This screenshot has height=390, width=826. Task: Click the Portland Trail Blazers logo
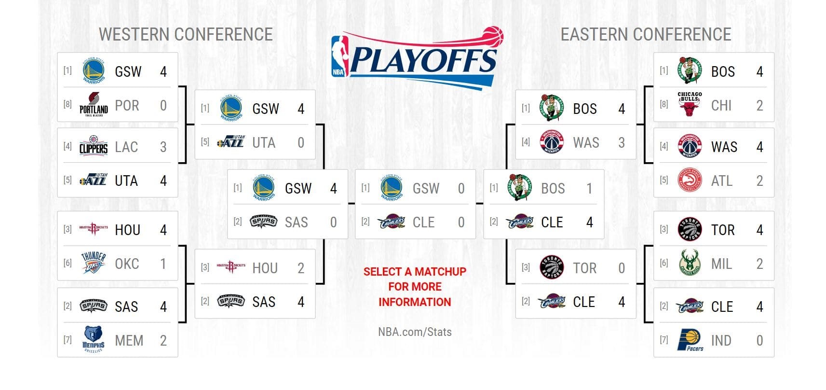click(x=94, y=104)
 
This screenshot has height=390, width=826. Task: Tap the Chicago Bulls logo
click(x=690, y=104)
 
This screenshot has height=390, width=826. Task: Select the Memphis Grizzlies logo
click(x=93, y=339)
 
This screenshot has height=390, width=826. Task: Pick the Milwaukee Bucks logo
click(x=690, y=263)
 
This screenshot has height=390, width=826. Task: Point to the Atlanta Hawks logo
click(x=690, y=180)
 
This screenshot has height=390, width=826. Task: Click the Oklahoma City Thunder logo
click(x=93, y=263)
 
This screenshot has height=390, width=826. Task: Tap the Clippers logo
click(x=94, y=146)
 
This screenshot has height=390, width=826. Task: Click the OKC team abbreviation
click(x=127, y=264)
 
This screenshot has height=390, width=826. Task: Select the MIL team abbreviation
click(x=721, y=264)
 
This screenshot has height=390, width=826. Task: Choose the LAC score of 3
click(x=163, y=147)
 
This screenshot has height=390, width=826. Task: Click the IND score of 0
click(x=759, y=341)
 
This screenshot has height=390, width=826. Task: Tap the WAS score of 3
click(x=622, y=143)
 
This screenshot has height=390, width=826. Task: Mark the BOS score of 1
click(x=589, y=189)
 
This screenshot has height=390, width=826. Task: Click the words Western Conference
click(x=186, y=34)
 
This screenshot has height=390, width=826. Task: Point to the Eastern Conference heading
click(x=646, y=34)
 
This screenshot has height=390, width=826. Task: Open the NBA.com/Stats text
click(x=415, y=332)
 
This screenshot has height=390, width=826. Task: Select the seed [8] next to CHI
click(x=664, y=104)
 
